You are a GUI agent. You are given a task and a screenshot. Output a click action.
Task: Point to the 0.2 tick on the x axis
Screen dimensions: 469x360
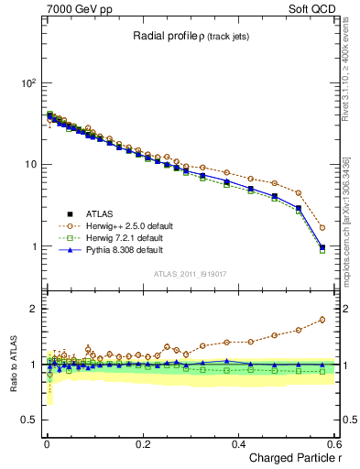coord(142,442)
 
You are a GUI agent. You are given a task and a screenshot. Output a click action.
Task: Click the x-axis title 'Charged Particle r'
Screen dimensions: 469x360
coord(289,458)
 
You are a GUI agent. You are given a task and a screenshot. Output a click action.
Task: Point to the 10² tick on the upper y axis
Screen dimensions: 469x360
coord(27,82)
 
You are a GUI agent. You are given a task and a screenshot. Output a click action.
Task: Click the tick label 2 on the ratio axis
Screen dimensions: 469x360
coord(33,309)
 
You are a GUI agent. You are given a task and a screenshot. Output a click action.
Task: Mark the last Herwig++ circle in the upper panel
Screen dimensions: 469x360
coord(322,227)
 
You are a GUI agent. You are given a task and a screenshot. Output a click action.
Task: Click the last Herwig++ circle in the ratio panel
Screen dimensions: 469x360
coord(322,320)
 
